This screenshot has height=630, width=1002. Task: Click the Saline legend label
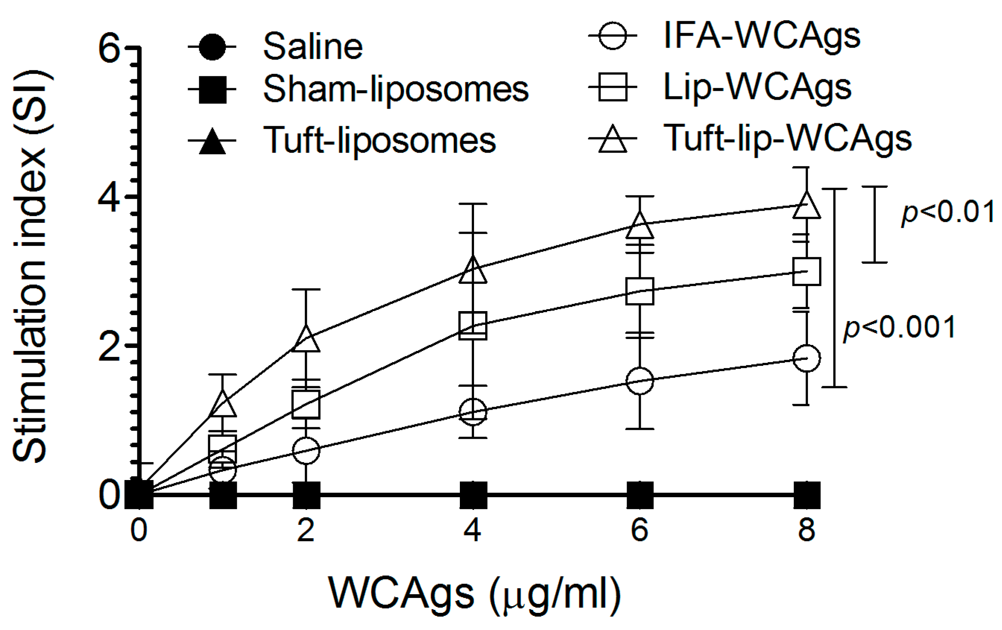point(313,47)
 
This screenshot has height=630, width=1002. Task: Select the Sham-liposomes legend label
point(396,89)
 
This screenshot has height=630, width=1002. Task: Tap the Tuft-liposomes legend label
point(379,141)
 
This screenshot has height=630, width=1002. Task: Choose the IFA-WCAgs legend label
point(762,36)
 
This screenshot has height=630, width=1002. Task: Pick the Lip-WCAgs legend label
point(757,88)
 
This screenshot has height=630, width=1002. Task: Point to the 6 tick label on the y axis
point(109,49)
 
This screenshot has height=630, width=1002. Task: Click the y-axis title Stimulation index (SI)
point(29,266)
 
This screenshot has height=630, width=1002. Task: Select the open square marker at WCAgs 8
point(807,272)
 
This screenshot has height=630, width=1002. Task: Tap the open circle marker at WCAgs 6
point(640,380)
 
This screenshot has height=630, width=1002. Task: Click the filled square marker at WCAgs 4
point(473,495)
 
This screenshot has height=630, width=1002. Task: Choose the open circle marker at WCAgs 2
point(306,450)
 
